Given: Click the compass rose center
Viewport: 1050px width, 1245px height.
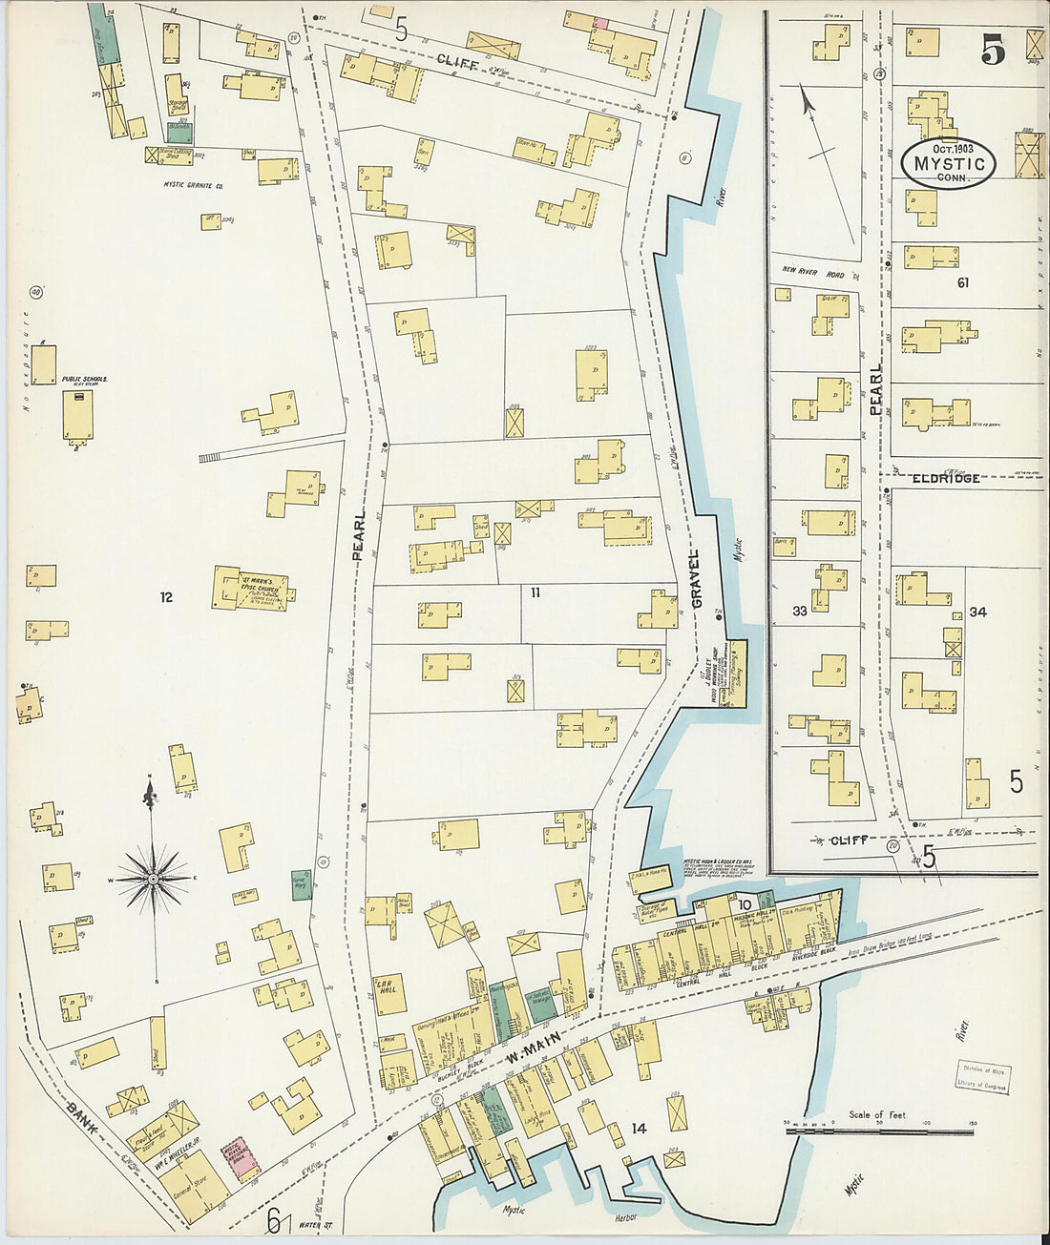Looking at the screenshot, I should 153,878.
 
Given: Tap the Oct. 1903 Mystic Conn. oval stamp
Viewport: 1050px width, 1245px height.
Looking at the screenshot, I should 948,163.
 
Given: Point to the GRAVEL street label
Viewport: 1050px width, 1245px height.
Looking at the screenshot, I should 696,579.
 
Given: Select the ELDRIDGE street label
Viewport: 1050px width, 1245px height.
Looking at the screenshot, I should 945,477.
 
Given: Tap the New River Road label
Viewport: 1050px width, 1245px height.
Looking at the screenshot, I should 813,272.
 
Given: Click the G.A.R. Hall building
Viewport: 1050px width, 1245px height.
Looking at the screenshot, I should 390,993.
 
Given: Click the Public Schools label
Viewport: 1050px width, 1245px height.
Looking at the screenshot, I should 84,379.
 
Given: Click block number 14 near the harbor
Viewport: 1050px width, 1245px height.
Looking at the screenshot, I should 638,1129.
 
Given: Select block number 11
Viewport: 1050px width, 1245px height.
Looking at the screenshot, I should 535,592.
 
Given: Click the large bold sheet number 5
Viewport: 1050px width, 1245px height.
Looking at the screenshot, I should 993,52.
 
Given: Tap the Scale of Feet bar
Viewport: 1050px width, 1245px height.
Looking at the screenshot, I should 878,1131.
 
